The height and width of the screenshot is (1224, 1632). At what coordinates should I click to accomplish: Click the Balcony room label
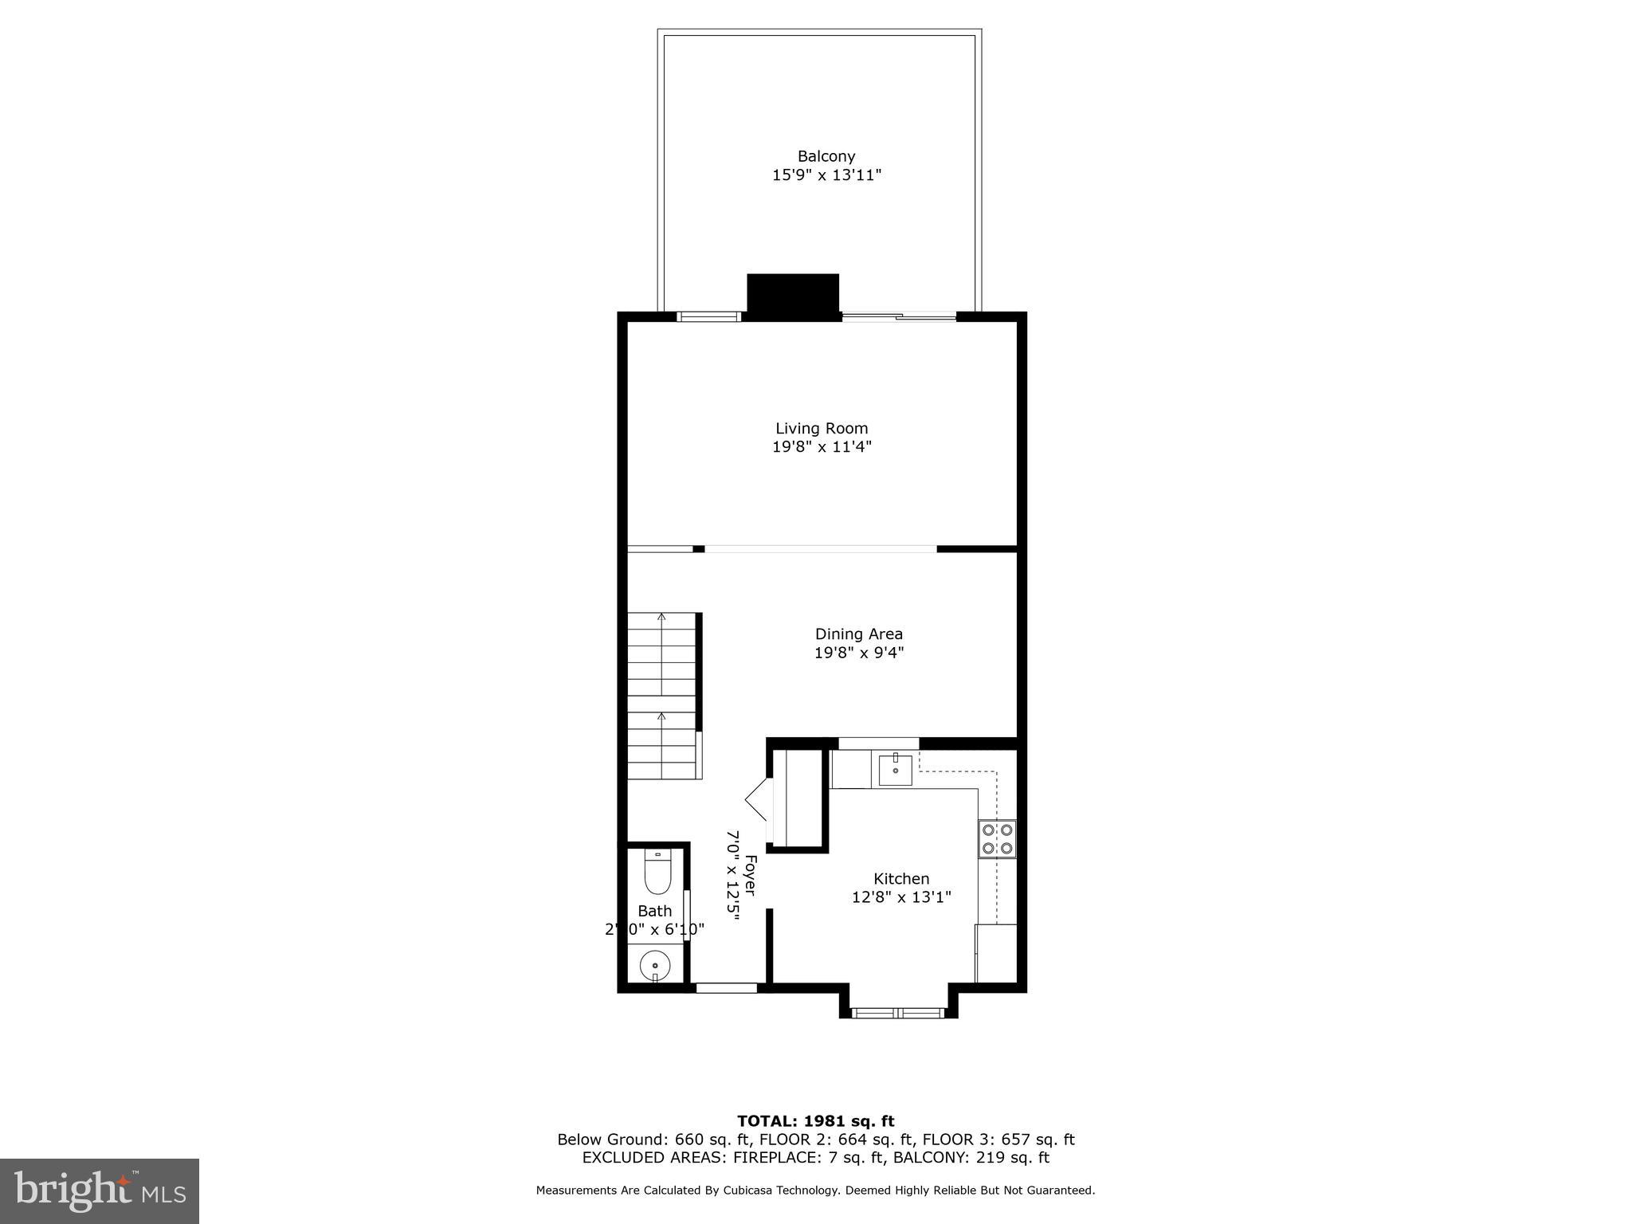pyautogui.click(x=826, y=157)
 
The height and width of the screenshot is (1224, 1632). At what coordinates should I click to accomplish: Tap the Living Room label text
pyautogui.click(x=822, y=429)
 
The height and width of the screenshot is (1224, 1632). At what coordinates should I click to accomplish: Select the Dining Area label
pyautogui.click(x=858, y=634)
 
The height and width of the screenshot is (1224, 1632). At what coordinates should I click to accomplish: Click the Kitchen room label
pyautogui.click(x=901, y=879)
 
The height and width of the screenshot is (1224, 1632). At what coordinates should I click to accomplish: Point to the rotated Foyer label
pyautogui.click(x=750, y=875)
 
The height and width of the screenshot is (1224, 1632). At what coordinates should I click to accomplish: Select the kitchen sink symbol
pyautogui.click(x=896, y=770)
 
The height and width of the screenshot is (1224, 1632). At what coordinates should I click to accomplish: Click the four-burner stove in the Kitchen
pyautogui.click(x=997, y=839)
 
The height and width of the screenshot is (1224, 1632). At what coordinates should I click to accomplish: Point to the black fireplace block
pyautogui.click(x=793, y=296)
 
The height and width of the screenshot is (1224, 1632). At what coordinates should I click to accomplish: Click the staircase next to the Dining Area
pyautogui.click(x=662, y=695)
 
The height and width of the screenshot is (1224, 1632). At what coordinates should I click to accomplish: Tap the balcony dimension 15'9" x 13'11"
pyautogui.click(x=826, y=175)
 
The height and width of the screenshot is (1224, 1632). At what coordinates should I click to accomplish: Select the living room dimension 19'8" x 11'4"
pyautogui.click(x=822, y=447)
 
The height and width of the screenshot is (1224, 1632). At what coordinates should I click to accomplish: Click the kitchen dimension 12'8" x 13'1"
pyautogui.click(x=901, y=897)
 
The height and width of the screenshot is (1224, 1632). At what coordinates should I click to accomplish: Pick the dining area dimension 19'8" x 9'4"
pyautogui.click(x=858, y=653)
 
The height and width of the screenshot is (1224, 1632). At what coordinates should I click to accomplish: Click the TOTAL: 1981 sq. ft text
pyautogui.click(x=815, y=1121)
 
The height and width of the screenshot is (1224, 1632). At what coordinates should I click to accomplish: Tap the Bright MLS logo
pyautogui.click(x=100, y=1191)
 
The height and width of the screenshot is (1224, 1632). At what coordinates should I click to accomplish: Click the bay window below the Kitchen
pyautogui.click(x=898, y=1013)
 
